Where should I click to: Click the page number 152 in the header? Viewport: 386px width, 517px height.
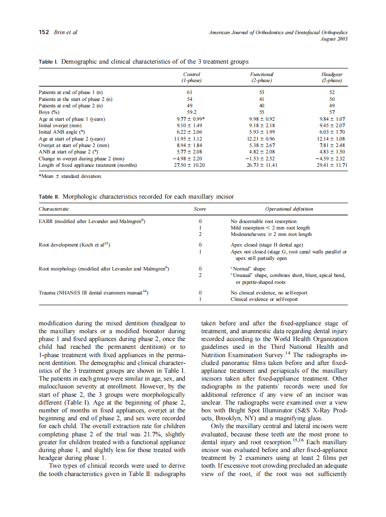[44, 33]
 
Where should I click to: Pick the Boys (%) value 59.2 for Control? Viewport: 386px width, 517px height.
[192, 112]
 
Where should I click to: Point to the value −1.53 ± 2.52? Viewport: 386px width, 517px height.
[262, 158]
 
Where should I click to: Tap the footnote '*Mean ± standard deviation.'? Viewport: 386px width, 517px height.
[70, 176]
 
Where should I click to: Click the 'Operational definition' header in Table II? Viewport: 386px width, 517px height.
[289, 209]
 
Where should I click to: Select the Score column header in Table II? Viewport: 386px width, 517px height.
[200, 209]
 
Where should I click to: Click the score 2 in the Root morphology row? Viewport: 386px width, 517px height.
[200, 275]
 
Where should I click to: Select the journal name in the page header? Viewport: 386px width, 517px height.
[278, 33]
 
